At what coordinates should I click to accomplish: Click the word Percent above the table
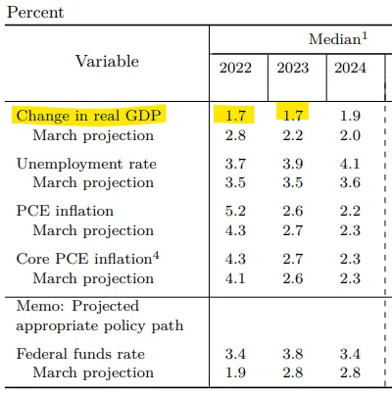pos(35,13)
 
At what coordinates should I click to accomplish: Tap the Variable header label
pos(108,61)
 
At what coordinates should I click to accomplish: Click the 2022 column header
pos(235,68)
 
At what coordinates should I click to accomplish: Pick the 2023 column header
pos(293,68)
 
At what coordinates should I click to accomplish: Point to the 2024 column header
pos(350,68)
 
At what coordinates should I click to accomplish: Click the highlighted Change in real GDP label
pos(88,116)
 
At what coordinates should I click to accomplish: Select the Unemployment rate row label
pos(86,164)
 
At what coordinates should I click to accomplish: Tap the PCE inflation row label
pos(65,211)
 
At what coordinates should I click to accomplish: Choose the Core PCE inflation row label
pos(84,259)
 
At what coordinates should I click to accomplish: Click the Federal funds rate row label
pos(80,354)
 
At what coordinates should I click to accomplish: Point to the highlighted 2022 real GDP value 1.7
pos(235,116)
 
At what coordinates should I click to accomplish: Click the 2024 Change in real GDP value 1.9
pos(350,116)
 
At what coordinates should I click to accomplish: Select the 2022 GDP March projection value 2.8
pos(235,135)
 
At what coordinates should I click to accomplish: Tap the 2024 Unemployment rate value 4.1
pos(350,164)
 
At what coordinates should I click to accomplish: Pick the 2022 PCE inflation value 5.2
pos(235,211)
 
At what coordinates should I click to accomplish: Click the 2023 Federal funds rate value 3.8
pos(293,354)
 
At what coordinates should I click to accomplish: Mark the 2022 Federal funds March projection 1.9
pos(235,372)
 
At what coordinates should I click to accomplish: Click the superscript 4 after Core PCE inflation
pos(156,256)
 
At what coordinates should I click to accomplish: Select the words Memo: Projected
pos(77,306)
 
